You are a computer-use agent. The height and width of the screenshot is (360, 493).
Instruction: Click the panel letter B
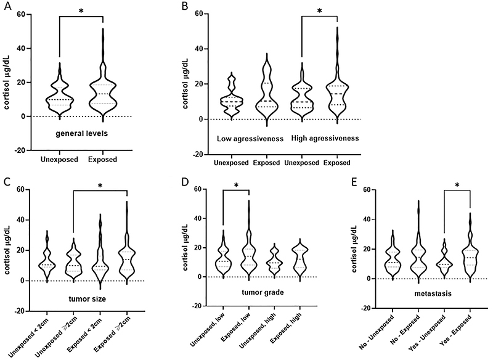click(182, 6)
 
